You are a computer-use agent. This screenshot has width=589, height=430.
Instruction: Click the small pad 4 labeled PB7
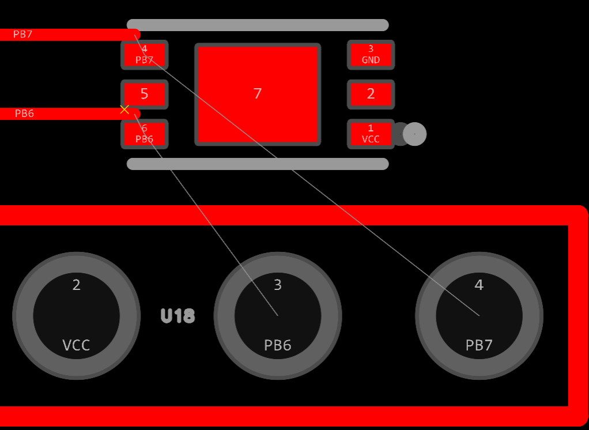tap(144, 55)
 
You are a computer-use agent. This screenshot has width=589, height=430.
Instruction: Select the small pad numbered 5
tap(144, 95)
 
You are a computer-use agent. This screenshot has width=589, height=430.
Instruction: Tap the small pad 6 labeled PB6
tap(144, 134)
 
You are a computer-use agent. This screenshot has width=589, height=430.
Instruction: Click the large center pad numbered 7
tap(257, 95)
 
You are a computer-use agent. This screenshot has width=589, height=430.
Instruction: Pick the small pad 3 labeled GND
tap(371, 55)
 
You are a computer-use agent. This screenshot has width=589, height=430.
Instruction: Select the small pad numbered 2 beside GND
tap(371, 95)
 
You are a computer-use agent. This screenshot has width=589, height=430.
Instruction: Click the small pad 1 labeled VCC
tap(371, 134)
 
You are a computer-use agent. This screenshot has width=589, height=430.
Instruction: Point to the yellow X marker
tap(124, 110)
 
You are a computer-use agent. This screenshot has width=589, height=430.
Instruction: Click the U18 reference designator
tap(178, 316)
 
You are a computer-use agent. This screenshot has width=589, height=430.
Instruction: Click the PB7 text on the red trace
tap(23, 35)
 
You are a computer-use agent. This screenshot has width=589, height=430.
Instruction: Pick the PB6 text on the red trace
tap(24, 114)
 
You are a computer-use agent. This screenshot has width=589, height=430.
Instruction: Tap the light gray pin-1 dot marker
tap(415, 134)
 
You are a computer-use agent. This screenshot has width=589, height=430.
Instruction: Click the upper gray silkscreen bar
tap(258, 25)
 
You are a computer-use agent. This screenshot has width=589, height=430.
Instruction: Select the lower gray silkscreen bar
tap(258, 164)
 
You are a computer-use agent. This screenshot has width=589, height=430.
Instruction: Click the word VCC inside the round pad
tap(76, 345)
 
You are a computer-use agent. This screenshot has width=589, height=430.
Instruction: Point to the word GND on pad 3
tap(371, 60)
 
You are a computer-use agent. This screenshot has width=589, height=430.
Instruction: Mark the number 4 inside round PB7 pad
tap(479, 285)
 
